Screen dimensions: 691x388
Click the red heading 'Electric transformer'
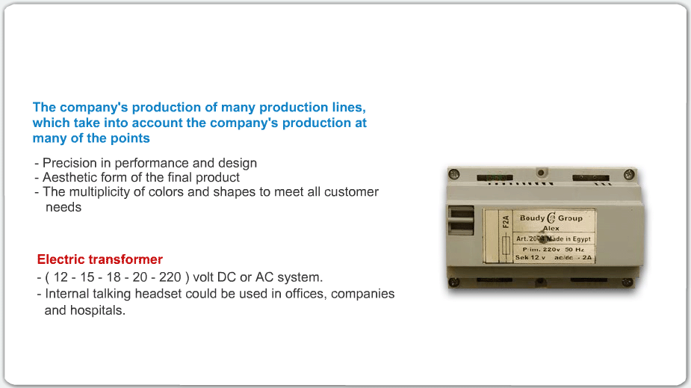pos(100,259)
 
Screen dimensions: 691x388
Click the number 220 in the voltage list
pos(170,277)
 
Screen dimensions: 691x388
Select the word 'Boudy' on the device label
pos(533,218)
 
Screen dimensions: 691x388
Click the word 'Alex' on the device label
pos(551,229)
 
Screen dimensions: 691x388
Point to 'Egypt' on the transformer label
pos(581,239)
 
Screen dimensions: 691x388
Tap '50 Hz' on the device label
pos(574,250)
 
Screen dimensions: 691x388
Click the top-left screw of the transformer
pos(454,175)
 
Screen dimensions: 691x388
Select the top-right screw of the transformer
pos(629,174)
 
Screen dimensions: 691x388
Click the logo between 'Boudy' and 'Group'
pos(551,218)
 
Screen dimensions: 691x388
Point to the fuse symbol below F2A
pos(506,246)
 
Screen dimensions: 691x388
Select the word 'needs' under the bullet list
pos(63,207)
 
